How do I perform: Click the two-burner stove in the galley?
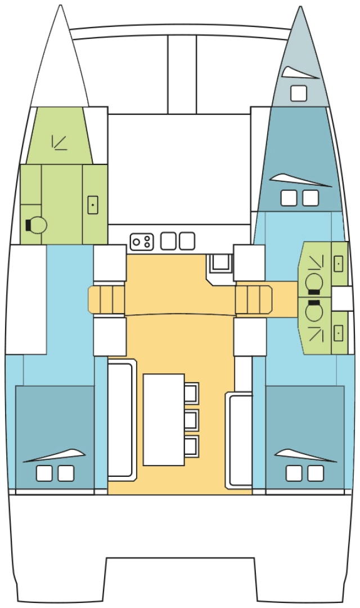(x=142, y=242)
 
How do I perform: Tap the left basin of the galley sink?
(x=169, y=241)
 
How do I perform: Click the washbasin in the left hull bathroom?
(x=92, y=205)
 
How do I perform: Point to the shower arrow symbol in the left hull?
(x=58, y=142)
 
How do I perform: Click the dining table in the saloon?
(x=164, y=419)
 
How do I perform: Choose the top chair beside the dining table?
(x=192, y=392)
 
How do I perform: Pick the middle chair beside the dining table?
(x=192, y=419)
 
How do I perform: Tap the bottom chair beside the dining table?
(x=192, y=445)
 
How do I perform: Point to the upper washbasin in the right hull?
(x=339, y=263)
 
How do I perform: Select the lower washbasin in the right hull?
(x=339, y=333)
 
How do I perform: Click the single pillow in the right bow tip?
(x=299, y=93)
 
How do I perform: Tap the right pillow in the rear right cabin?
(x=316, y=473)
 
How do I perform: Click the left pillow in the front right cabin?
(x=289, y=198)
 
